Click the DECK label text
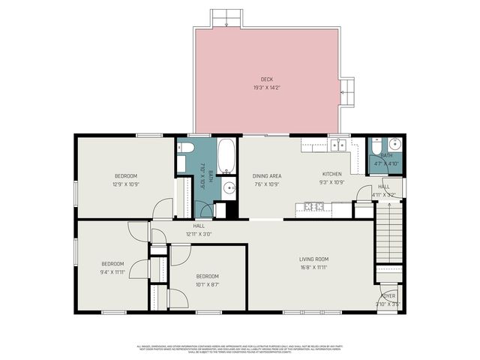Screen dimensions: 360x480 coord(266,79)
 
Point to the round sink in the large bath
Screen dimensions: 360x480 coord(229,187)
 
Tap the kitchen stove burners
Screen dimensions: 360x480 coord(313,206)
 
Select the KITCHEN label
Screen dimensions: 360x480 coord(331,174)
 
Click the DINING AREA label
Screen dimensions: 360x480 coord(266,175)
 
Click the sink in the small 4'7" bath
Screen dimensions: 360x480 coord(394,145)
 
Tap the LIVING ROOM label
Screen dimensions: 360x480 coord(313,259)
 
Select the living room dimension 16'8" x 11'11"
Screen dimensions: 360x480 coord(313,267)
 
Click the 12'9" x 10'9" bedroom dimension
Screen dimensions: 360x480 coord(126,184)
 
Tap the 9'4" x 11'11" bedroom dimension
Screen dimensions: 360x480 coord(112,272)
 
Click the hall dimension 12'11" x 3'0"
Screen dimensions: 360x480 coord(199,234)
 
